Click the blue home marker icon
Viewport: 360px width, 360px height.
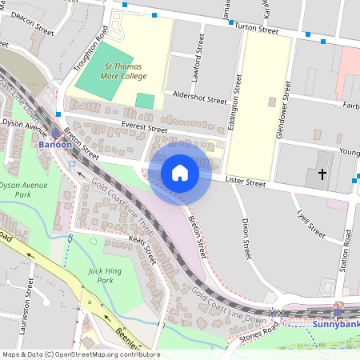pos(180,172)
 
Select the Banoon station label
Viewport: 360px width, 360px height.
pos(56,145)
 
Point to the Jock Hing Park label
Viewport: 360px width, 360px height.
pos(100,276)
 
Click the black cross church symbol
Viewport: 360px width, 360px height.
pos(322,174)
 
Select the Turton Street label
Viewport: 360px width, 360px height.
pos(257,30)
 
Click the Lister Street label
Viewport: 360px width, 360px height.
pos(245,182)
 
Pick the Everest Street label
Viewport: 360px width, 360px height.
pos(144,128)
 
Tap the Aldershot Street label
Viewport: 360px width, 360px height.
pos(194,98)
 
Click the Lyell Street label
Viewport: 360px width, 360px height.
pos(310,225)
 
